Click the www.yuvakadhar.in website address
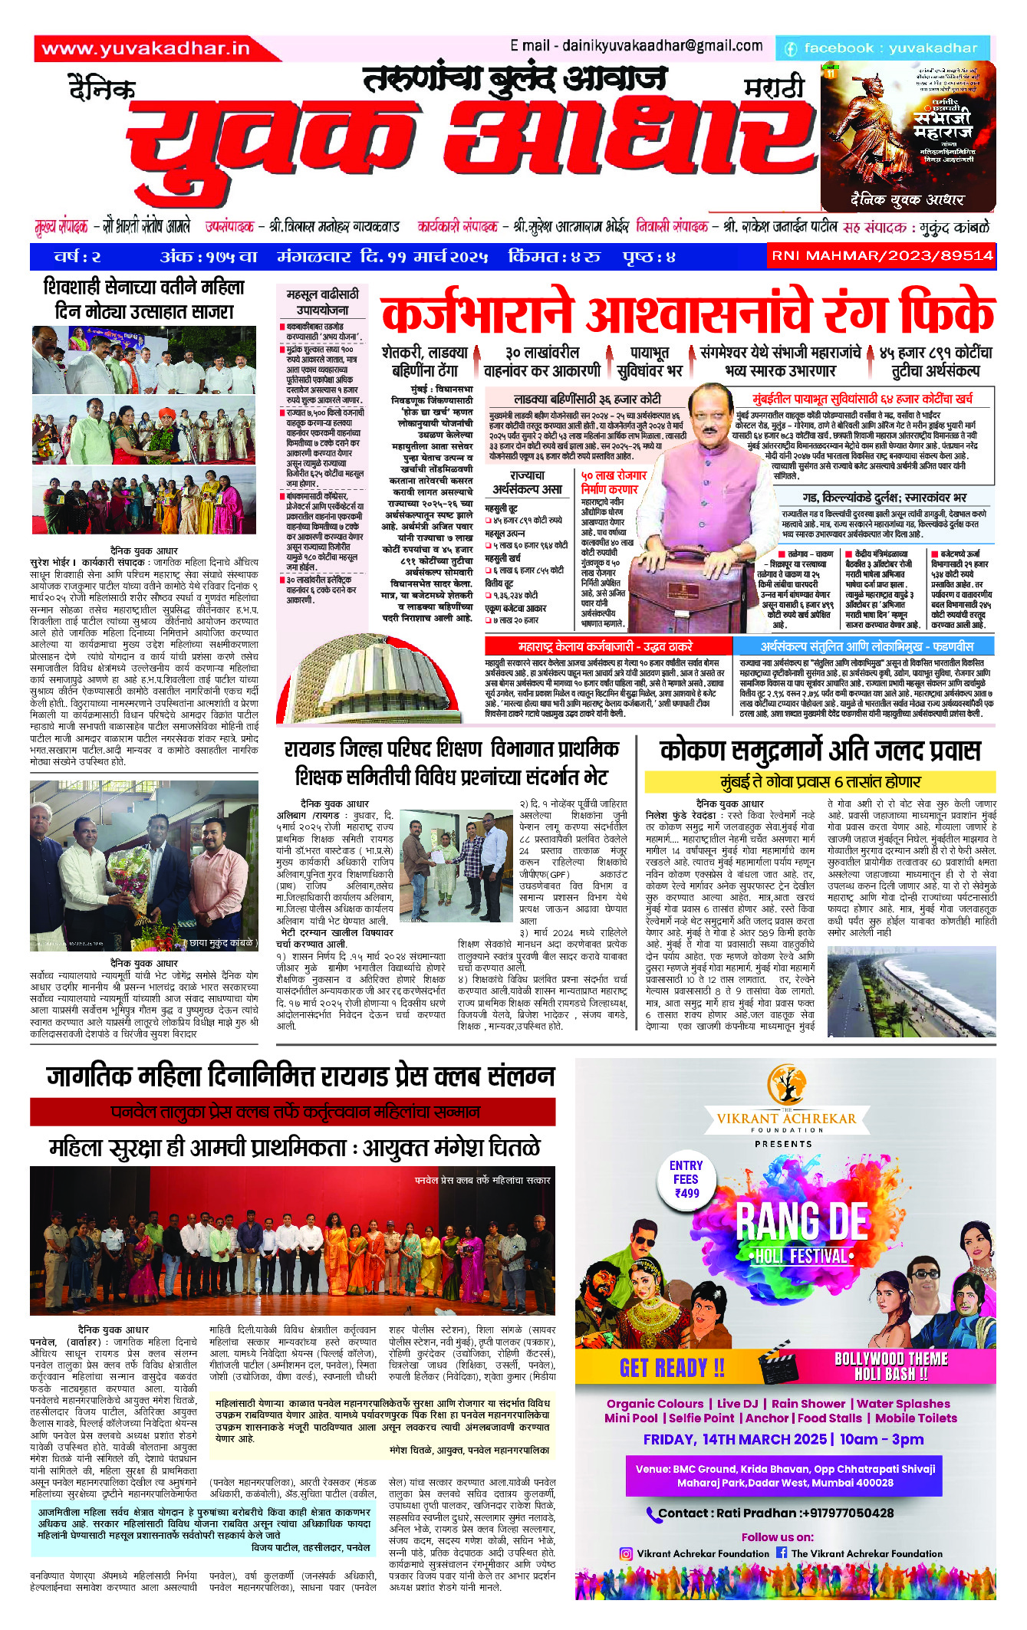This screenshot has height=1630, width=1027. point(146,48)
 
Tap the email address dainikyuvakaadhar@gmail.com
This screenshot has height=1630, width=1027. point(636,46)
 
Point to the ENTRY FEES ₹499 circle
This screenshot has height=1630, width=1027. point(686,1179)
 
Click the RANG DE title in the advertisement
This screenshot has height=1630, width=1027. point(802,1221)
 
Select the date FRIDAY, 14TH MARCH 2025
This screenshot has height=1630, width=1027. point(735,1439)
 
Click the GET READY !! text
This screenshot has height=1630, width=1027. point(672,1368)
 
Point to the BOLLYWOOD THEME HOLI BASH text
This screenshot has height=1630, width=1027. point(891,1366)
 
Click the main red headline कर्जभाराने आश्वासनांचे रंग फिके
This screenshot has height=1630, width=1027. point(687,314)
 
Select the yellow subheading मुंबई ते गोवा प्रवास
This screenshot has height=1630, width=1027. point(820,782)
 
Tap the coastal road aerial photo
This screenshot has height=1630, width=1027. point(911,991)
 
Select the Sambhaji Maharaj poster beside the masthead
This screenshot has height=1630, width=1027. point(908,136)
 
